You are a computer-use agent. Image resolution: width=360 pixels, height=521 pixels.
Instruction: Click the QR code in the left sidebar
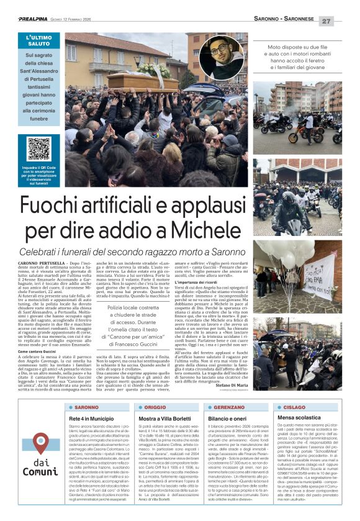click(39, 148)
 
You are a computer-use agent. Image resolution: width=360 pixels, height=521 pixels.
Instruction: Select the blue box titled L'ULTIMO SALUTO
click(39, 79)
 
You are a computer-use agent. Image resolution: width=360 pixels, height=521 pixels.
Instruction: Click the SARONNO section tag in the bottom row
click(86, 408)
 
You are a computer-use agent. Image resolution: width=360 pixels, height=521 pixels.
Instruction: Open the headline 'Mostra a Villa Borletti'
click(161, 419)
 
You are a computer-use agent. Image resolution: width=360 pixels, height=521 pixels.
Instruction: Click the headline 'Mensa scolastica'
click(300, 419)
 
